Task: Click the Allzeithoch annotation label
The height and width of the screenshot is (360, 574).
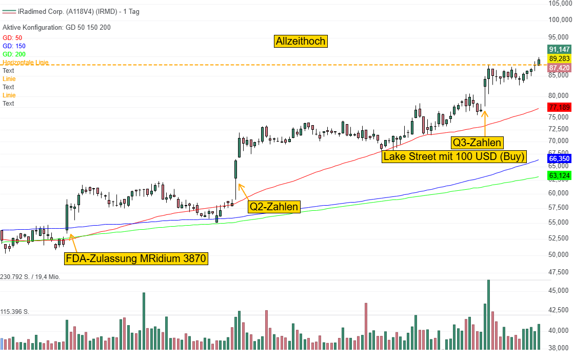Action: click(301, 41)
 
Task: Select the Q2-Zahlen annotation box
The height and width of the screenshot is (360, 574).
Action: click(273, 207)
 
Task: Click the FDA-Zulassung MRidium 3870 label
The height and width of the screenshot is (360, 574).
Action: click(136, 258)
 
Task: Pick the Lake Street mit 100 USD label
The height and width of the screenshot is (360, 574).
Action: click(454, 156)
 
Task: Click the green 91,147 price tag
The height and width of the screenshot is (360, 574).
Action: click(559, 49)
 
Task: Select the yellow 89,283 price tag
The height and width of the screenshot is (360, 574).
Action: click(559, 59)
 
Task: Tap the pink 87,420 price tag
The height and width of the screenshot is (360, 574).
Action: click(559, 68)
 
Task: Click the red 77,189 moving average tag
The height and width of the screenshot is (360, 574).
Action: click(559, 107)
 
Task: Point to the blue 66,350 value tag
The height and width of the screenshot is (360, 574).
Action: click(559, 159)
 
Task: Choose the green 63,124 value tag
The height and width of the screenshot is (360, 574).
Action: click(559, 176)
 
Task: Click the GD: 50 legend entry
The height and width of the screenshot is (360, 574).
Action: click(12, 38)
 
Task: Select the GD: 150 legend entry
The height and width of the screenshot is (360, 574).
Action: click(14, 46)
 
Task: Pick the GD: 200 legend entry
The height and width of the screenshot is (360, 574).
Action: click(14, 54)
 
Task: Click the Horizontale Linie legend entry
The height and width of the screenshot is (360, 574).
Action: click(26, 63)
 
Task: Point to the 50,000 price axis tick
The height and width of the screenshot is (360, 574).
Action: click(558, 255)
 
